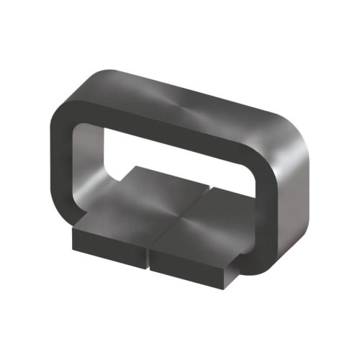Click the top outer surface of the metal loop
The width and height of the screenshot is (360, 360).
[187, 97]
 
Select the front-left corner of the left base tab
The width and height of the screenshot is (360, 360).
[73, 234]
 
